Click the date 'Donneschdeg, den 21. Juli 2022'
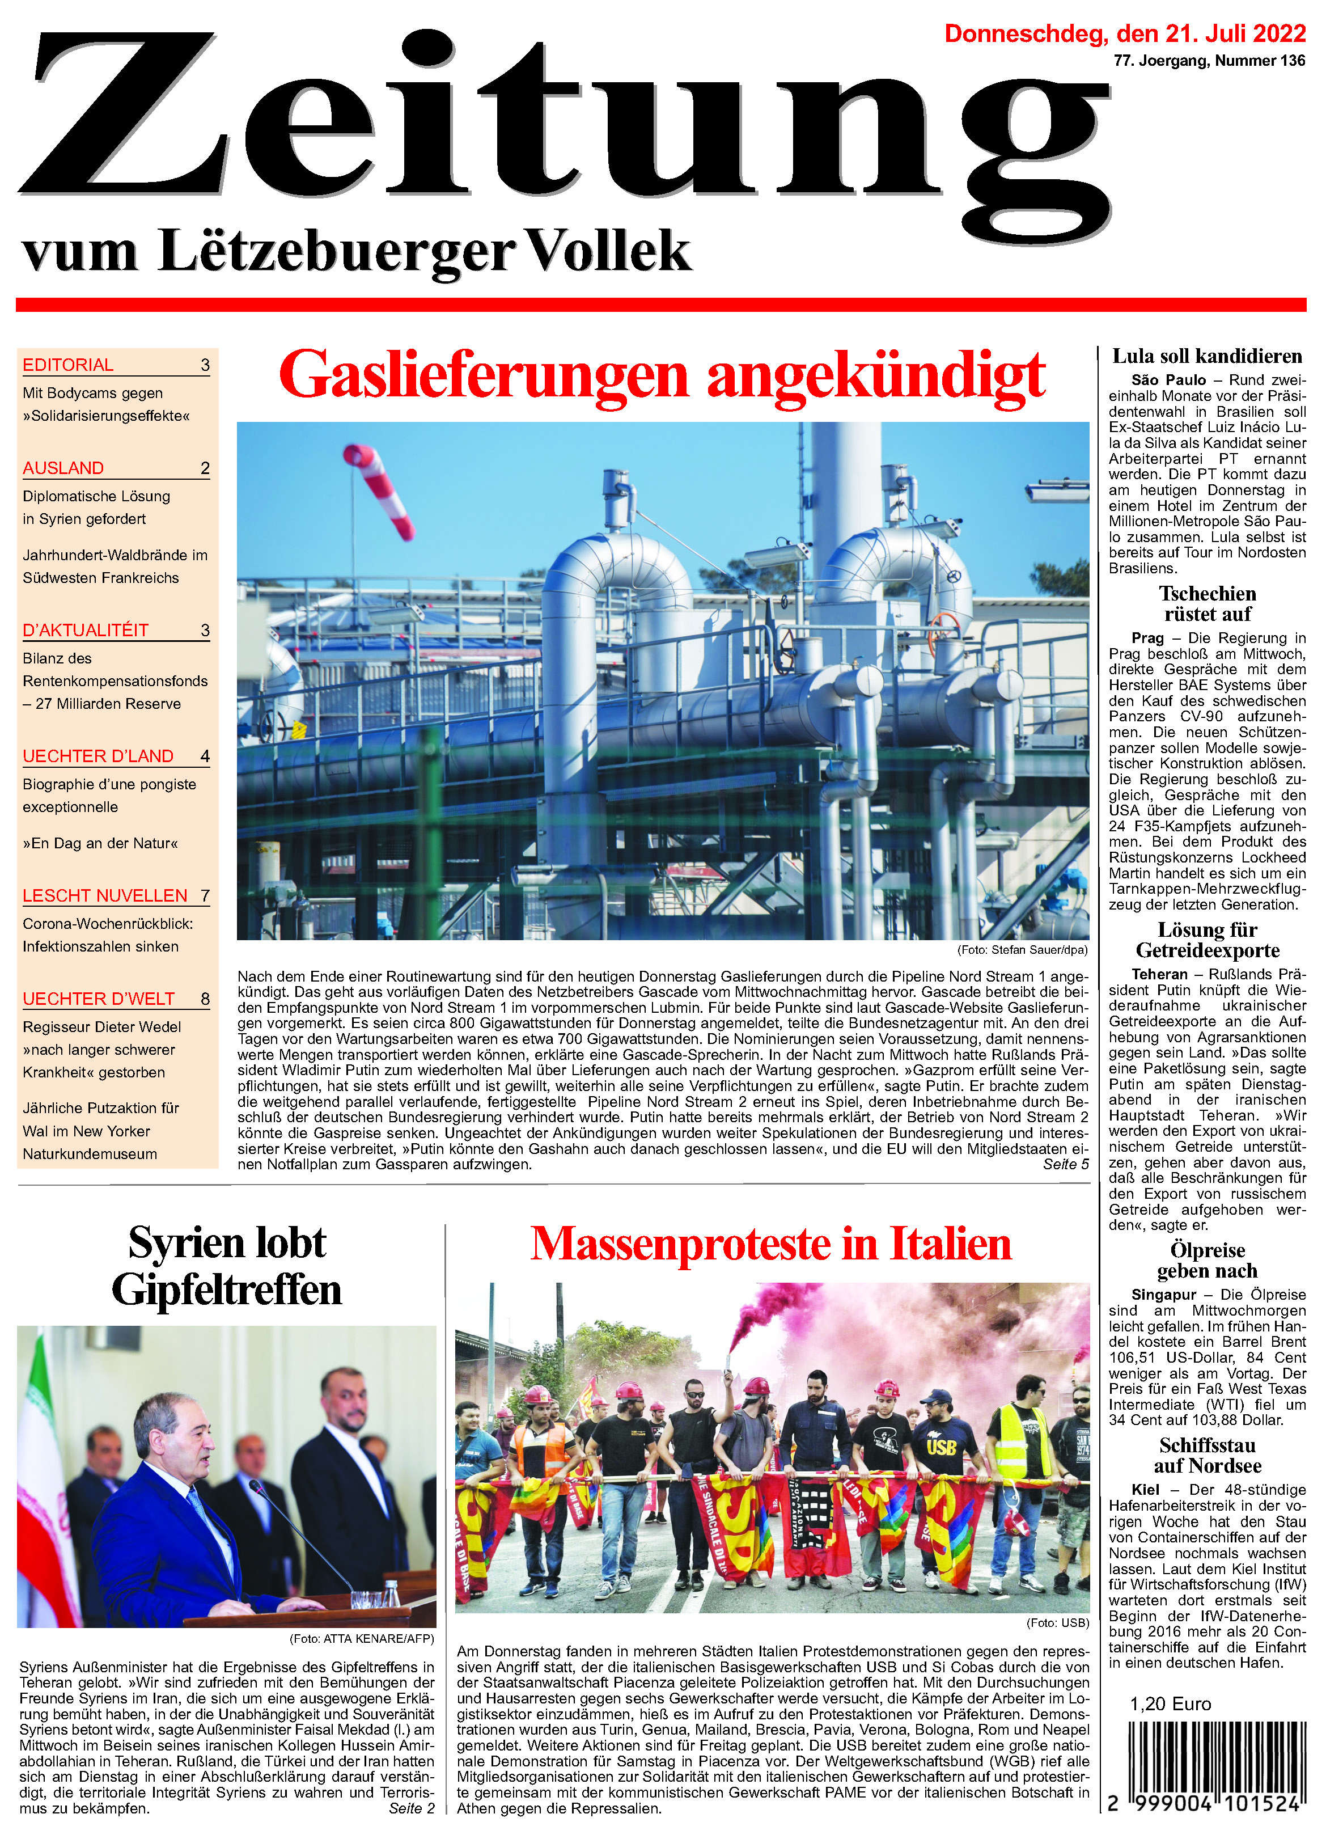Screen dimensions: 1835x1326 coord(1125,34)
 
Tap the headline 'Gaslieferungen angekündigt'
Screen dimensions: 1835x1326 coord(662,375)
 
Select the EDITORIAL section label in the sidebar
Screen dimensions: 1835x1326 coord(68,365)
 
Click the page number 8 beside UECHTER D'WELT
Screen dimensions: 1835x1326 coord(205,999)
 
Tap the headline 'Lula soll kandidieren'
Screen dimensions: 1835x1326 coord(1206,357)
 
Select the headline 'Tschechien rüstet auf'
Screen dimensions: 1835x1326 coord(1206,603)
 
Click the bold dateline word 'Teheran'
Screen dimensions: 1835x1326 coord(1159,974)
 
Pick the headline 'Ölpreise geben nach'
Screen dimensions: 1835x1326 coord(1206,1260)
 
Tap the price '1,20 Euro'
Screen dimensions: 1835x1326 coord(1170,1704)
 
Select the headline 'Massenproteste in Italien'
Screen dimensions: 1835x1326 coord(770,1244)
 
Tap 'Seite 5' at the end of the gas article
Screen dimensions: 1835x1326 coord(1065,1164)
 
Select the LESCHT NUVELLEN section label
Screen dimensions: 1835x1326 coord(105,895)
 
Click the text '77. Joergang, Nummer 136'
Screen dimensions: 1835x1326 coord(1209,61)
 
